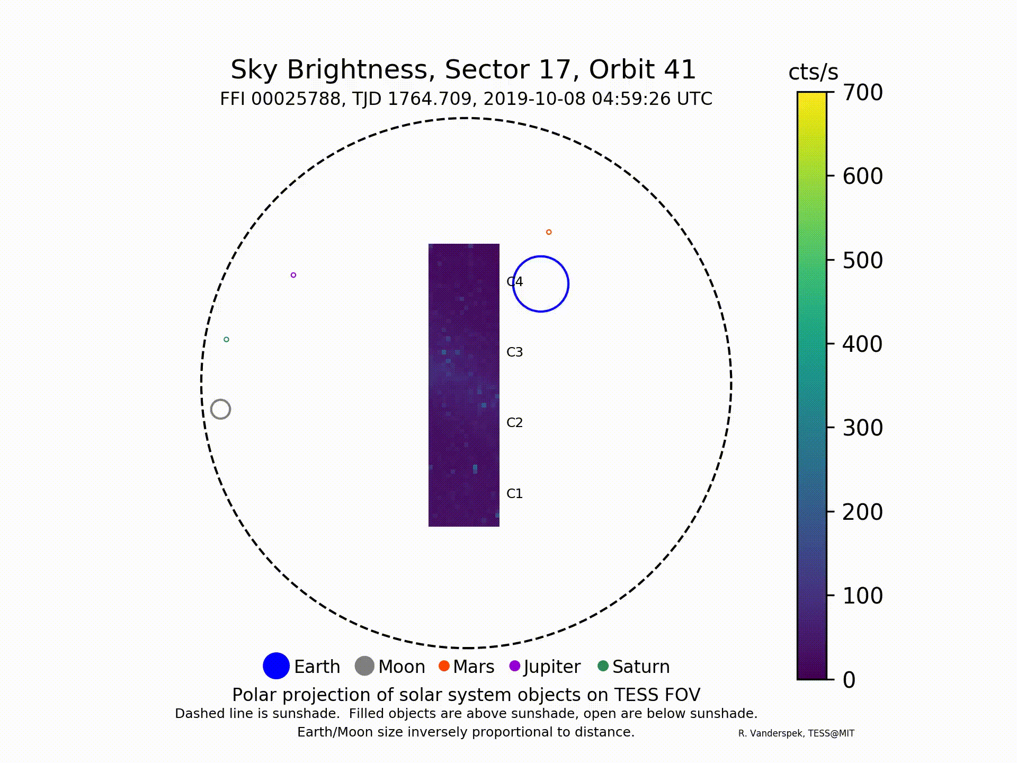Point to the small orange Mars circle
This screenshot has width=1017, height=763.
549,232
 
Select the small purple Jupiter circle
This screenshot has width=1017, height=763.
293,275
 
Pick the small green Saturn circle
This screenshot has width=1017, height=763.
227,339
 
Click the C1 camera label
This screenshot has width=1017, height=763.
514,493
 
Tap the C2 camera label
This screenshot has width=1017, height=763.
514,422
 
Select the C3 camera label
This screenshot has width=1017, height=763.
514,352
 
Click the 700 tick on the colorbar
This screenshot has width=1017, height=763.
862,92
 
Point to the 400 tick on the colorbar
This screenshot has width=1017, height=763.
862,344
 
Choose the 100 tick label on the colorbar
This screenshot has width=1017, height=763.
862,596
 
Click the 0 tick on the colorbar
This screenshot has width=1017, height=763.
849,680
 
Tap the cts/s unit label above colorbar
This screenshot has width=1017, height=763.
813,72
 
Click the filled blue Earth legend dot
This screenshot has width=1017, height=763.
276,666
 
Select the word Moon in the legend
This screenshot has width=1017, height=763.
402,667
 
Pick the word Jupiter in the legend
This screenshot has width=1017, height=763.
552,667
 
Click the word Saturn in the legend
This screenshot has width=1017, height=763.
641,667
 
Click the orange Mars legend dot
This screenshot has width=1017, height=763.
444,666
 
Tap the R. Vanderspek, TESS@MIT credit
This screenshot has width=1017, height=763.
796,733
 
